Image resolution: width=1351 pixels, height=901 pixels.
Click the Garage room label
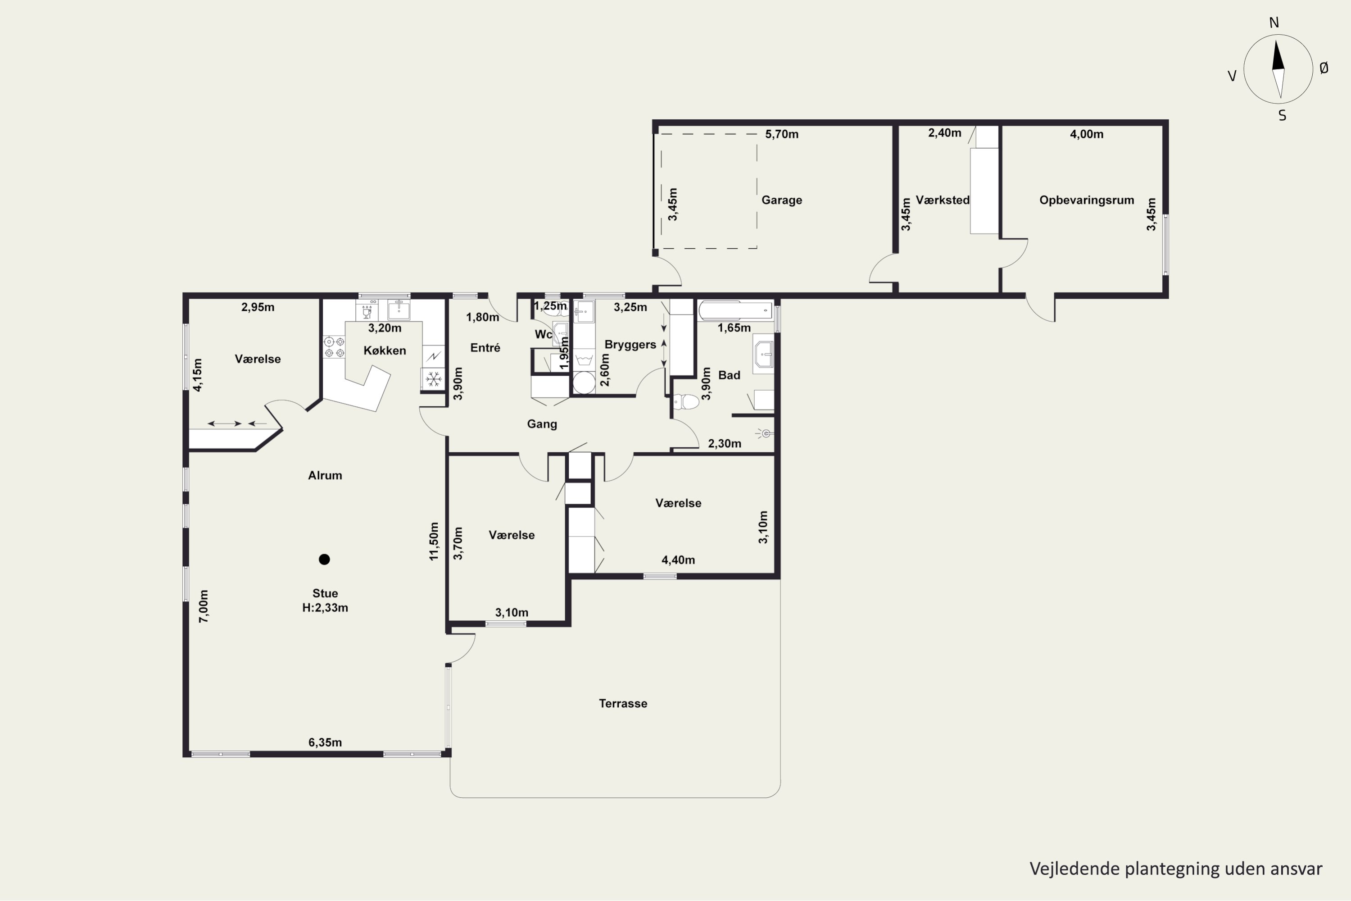coord(782,200)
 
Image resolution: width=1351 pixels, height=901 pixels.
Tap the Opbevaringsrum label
coord(1087,200)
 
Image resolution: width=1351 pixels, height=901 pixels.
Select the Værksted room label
coord(943,200)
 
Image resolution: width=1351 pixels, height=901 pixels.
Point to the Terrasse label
coord(623,703)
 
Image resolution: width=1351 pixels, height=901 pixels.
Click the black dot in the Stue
coord(325,559)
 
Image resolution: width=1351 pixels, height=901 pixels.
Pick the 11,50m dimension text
coord(434,542)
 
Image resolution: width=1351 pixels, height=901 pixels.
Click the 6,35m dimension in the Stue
coord(325,742)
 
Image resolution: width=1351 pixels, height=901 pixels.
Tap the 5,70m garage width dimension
coord(782,134)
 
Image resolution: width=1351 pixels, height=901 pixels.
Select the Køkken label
coord(385,350)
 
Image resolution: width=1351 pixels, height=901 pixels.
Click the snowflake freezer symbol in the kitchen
coord(434,379)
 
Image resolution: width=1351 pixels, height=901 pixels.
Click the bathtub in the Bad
coord(736,311)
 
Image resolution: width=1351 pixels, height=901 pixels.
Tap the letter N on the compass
coord(1274,23)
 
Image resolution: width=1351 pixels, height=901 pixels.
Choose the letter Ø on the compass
coord(1324,68)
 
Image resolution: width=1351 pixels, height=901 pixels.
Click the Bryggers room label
coord(630,345)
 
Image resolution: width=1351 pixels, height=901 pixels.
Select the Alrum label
coord(325,475)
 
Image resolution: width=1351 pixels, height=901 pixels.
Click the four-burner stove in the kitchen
coord(334,347)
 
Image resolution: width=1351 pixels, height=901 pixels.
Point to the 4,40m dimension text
coord(678,560)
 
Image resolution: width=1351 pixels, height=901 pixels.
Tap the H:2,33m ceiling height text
coord(325,608)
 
